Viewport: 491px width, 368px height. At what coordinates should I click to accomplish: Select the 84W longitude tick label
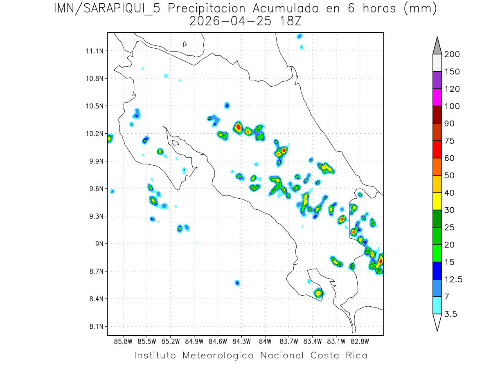click(x=265, y=341)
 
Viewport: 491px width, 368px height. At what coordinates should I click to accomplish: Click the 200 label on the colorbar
click(x=451, y=54)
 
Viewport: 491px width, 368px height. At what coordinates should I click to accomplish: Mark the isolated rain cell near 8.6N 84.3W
click(x=237, y=283)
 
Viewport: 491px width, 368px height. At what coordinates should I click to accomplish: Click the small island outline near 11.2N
click(x=185, y=44)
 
